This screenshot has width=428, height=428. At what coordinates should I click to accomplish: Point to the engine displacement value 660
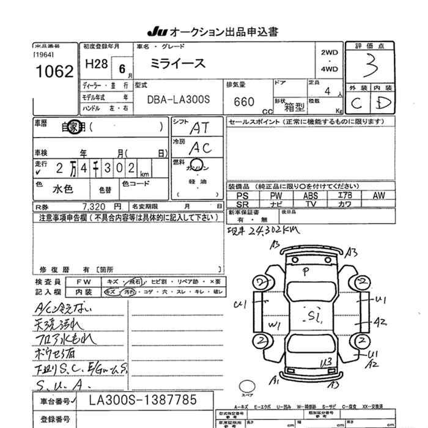coord(245,102)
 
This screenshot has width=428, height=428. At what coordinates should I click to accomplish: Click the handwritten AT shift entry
coord(199,128)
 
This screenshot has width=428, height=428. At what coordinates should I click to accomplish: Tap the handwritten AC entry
coord(200,147)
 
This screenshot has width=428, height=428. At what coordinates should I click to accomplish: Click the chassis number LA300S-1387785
coord(143,401)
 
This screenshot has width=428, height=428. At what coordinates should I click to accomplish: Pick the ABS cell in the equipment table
coord(311,196)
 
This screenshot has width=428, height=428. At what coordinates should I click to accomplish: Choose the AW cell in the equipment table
coord(379,196)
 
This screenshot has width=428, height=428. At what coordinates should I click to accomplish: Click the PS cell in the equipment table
coord(242,196)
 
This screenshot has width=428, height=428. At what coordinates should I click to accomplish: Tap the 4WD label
coord(329,69)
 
